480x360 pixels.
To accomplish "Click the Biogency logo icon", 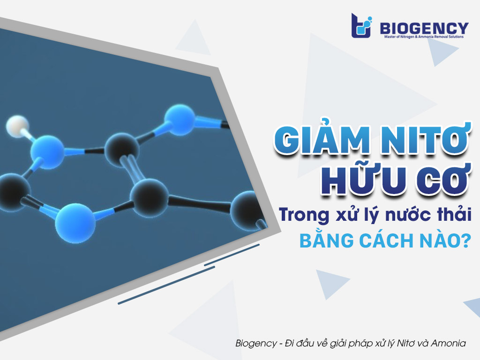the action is point(361,26).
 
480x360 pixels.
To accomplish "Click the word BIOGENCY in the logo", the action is point(424,28).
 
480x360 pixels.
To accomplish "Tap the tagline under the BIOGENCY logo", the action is point(424,37).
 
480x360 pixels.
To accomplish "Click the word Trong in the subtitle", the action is point(304,215).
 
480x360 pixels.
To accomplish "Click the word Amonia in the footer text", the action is point(448,343).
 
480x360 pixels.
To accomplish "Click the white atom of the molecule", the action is point(17,126).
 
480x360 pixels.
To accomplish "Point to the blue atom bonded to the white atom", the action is point(47,152).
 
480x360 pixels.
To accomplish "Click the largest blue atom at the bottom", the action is point(75,223).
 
